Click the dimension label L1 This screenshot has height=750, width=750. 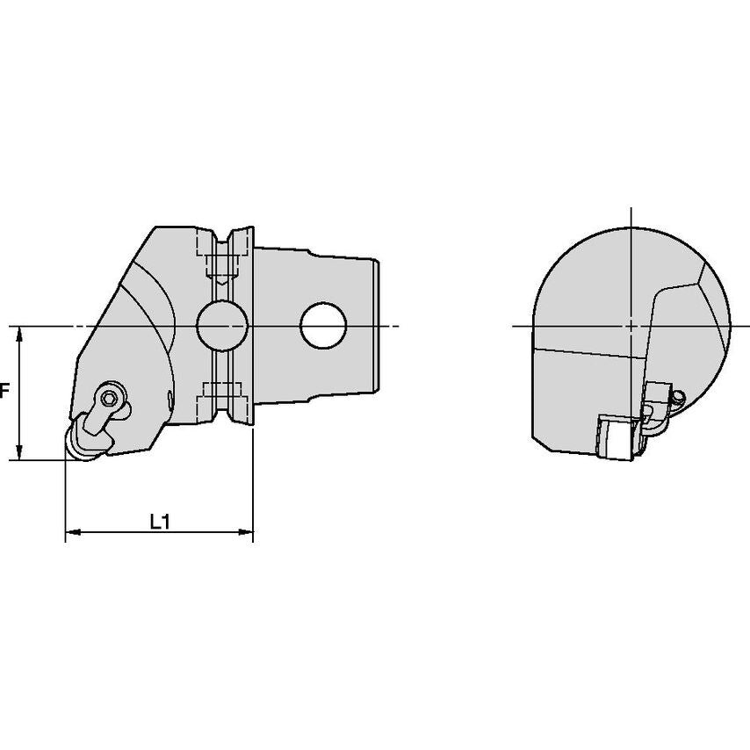click(x=160, y=522)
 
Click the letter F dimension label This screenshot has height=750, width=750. click(x=4, y=392)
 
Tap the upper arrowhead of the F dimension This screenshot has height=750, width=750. click(x=19, y=334)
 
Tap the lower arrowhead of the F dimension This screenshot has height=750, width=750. click(x=19, y=452)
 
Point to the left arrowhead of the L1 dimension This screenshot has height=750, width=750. click(x=73, y=532)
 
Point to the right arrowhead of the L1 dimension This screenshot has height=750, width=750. click(x=245, y=532)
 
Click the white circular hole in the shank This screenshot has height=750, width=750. click(x=323, y=325)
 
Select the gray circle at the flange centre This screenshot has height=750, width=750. click(x=222, y=326)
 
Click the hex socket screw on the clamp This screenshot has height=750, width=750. click(x=111, y=396)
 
